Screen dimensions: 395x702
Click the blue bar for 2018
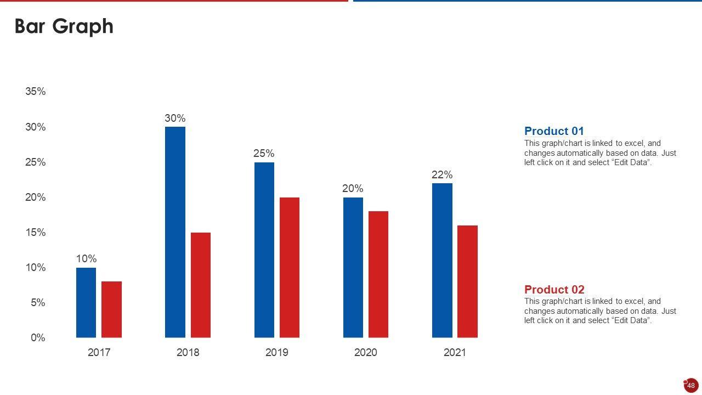click(175, 232)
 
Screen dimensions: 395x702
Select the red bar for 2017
click(111, 309)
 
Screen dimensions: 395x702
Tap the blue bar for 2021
click(442, 260)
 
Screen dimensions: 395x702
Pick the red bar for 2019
click(290, 267)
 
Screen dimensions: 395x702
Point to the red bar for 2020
click(378, 274)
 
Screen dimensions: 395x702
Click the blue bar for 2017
click(86, 302)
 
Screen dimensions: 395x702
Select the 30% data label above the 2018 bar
click(175, 118)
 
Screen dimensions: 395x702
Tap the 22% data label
click(442, 174)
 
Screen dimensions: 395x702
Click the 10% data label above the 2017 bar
click(86, 258)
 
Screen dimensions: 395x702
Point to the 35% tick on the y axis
click(36, 92)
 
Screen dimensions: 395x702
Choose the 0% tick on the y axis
click(38, 338)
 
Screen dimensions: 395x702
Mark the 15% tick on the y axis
click(36, 233)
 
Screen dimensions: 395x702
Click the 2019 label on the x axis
click(276, 352)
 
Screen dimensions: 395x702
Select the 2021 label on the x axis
click(455, 352)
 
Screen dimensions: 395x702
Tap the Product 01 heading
click(554, 131)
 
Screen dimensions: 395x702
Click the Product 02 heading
click(554, 290)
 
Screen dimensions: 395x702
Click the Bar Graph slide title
click(64, 26)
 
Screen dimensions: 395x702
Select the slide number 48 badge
click(691, 385)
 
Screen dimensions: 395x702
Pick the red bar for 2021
click(467, 281)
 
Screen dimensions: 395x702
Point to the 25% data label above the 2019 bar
click(264, 154)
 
